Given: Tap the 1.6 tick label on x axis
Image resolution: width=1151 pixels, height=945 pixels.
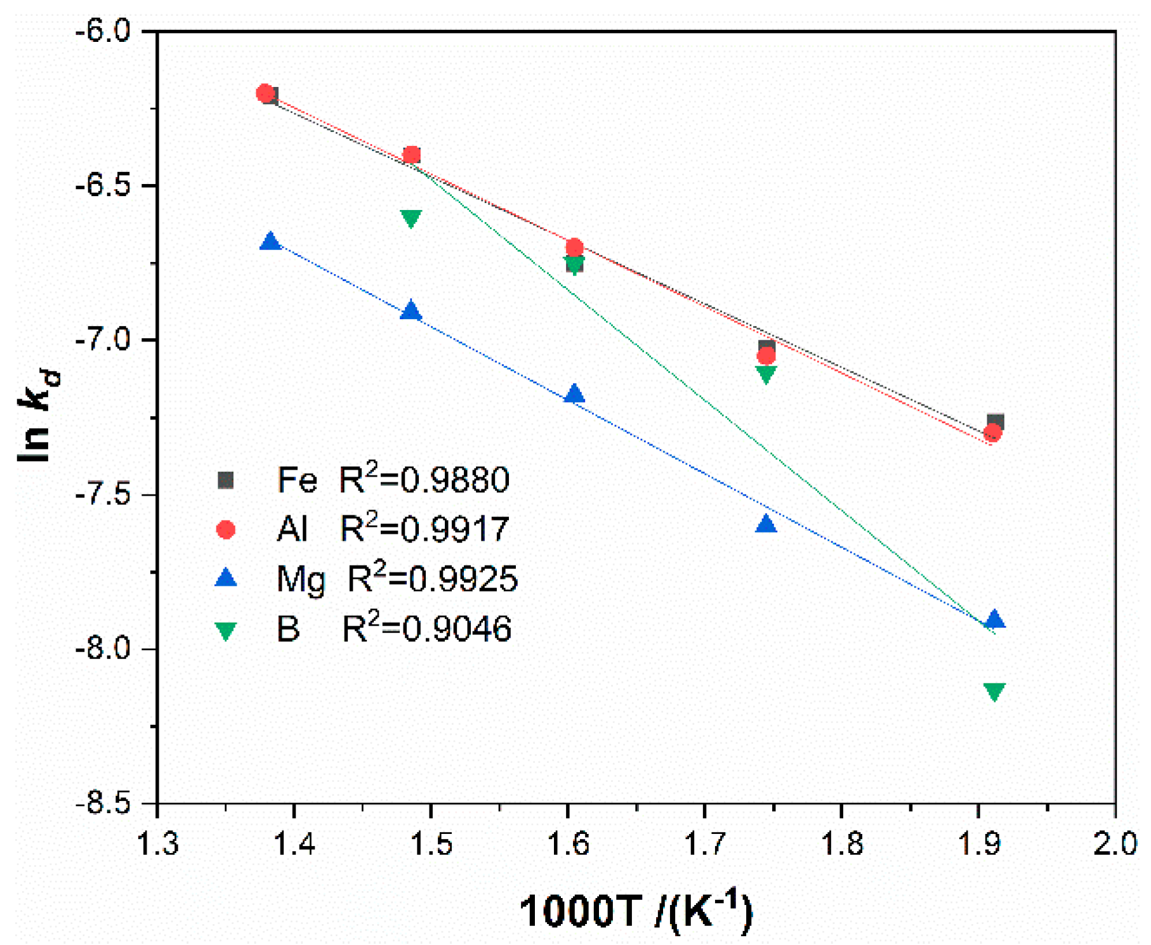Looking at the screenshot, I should pyautogui.click(x=569, y=844).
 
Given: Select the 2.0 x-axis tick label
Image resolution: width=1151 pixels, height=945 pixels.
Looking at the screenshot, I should pyautogui.click(x=1115, y=844).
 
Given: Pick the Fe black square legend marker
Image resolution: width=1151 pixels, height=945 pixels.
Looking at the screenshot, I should pyautogui.click(x=226, y=480).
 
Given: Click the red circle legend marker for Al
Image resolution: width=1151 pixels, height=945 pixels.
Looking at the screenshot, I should pyautogui.click(x=226, y=529).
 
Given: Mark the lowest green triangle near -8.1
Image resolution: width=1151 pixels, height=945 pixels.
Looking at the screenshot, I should pyautogui.click(x=994, y=691).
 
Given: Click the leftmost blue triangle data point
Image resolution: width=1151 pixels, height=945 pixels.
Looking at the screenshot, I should pyautogui.click(x=271, y=242).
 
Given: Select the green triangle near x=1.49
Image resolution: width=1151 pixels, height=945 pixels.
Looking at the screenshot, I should pyautogui.click(x=411, y=218).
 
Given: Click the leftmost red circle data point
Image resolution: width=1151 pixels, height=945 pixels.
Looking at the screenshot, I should pyautogui.click(x=265, y=93).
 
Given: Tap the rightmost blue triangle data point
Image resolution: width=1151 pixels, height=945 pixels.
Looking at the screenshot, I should pyautogui.click(x=994, y=619).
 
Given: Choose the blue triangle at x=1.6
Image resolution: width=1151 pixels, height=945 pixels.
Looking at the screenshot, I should pyautogui.click(x=574, y=394).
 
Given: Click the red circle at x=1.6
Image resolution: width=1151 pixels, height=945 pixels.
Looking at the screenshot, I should pyautogui.click(x=574, y=247).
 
